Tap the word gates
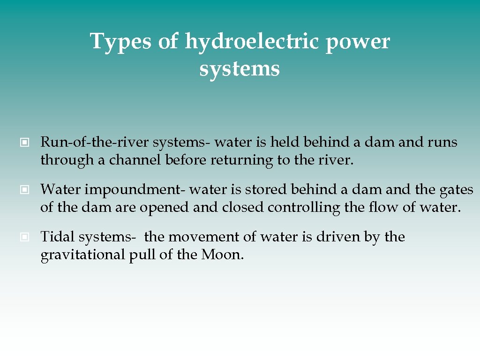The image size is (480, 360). coord(456,190)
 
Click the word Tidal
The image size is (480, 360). coord(57,237)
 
